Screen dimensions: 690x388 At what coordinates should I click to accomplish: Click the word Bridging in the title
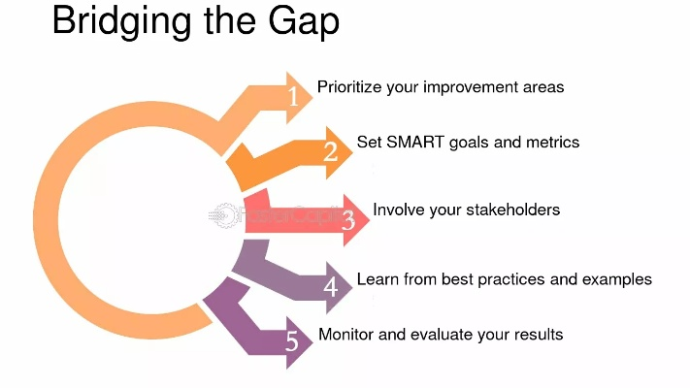(122, 22)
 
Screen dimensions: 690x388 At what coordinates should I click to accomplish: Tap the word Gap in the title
(304, 22)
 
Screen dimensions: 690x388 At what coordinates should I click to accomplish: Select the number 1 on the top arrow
(293, 96)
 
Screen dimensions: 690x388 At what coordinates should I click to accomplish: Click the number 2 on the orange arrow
(331, 151)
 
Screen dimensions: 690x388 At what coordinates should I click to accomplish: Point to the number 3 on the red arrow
(348, 220)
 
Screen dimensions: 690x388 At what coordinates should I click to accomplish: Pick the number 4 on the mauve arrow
(331, 287)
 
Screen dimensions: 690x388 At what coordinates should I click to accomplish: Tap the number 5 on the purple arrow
(292, 340)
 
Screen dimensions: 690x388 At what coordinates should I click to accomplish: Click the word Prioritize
(349, 87)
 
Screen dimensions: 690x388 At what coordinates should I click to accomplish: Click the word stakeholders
(513, 210)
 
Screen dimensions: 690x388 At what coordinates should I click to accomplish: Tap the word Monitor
(345, 335)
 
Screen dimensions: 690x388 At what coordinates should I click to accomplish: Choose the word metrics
(553, 142)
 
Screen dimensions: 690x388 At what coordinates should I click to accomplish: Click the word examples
(617, 279)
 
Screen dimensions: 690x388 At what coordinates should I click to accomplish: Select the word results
(539, 335)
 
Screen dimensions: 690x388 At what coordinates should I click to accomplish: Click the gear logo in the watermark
(222, 215)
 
